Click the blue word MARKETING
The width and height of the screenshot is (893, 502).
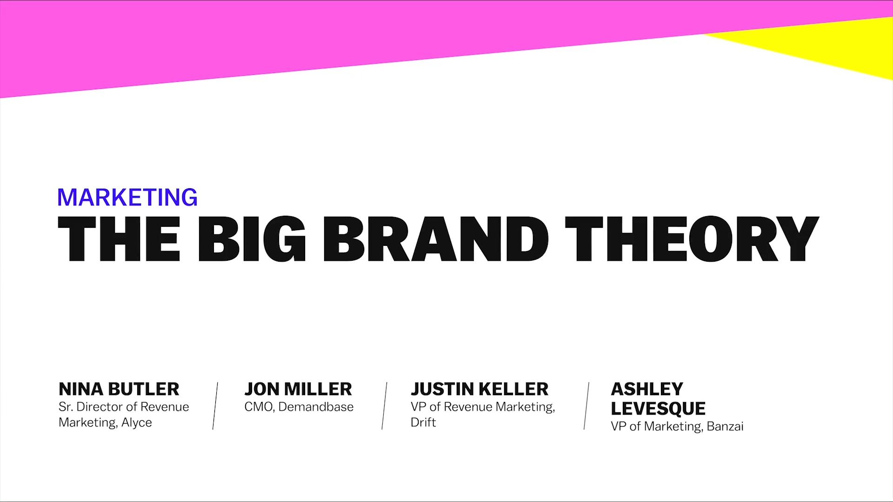(127, 197)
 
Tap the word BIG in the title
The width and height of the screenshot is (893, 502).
(252, 239)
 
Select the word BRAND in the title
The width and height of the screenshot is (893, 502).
(436, 239)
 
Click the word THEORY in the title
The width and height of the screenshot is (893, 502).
(692, 239)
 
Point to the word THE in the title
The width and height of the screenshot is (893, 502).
(119, 239)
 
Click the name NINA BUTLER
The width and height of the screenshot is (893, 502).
(119, 389)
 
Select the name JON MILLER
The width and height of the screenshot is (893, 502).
(298, 389)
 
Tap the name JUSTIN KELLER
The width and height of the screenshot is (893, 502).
(480, 389)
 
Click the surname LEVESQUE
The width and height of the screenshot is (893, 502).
(658, 409)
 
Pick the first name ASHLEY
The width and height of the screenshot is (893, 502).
(647, 389)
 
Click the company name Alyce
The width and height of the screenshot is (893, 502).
(137, 423)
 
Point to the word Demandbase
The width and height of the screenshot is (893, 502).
(316, 407)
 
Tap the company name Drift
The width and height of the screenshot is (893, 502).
(423, 422)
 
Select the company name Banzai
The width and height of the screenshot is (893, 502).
(725, 426)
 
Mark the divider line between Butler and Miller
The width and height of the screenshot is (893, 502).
(215, 406)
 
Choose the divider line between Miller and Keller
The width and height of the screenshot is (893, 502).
(384, 406)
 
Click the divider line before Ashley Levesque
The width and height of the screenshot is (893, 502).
(586, 406)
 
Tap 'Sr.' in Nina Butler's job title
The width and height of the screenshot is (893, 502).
(66, 407)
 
